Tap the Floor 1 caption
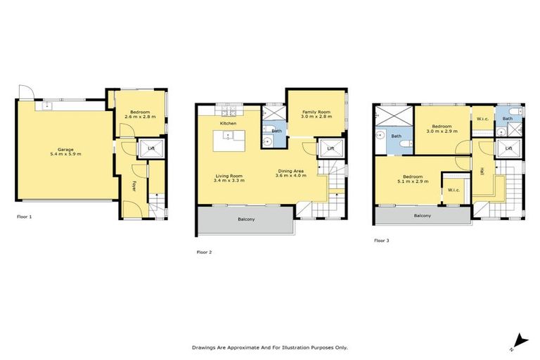pyautogui.click(x=25, y=217)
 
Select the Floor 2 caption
pyautogui.click(x=204, y=251)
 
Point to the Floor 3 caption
pyautogui.click(x=381, y=240)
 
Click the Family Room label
pyautogui.click(x=316, y=112)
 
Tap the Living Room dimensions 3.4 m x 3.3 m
pyautogui.click(x=228, y=181)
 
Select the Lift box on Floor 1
pyautogui.click(x=149, y=148)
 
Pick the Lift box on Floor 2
pyautogui.click(x=330, y=148)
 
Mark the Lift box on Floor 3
pyautogui.click(x=508, y=148)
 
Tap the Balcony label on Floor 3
pyautogui.click(x=422, y=216)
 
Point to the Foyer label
pyautogui.click(x=134, y=186)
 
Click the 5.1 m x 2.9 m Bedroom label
pyautogui.click(x=412, y=176)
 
